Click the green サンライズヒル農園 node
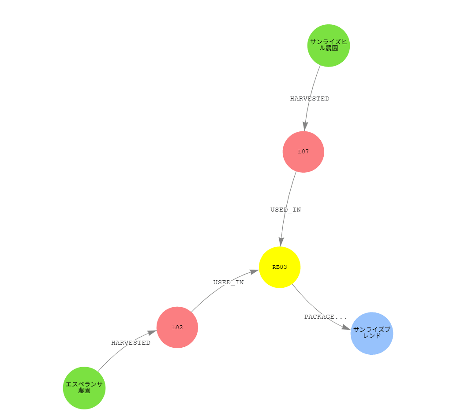click(329, 45)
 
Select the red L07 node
click(303, 152)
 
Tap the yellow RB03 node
click(280, 267)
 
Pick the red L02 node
click(177, 327)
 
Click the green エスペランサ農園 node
click(84, 388)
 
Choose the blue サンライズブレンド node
click(372, 333)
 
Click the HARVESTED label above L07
click(310, 99)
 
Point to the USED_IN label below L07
click(286, 210)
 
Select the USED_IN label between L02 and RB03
click(228, 282)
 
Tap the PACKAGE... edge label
click(326, 316)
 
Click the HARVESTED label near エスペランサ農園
click(131, 343)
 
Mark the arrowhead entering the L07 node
click(305, 126)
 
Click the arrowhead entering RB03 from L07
click(281, 242)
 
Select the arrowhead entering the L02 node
click(152, 332)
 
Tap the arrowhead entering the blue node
click(346, 327)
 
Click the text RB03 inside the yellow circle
click(280, 267)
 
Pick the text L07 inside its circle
click(303, 152)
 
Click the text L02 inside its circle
click(177, 327)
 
